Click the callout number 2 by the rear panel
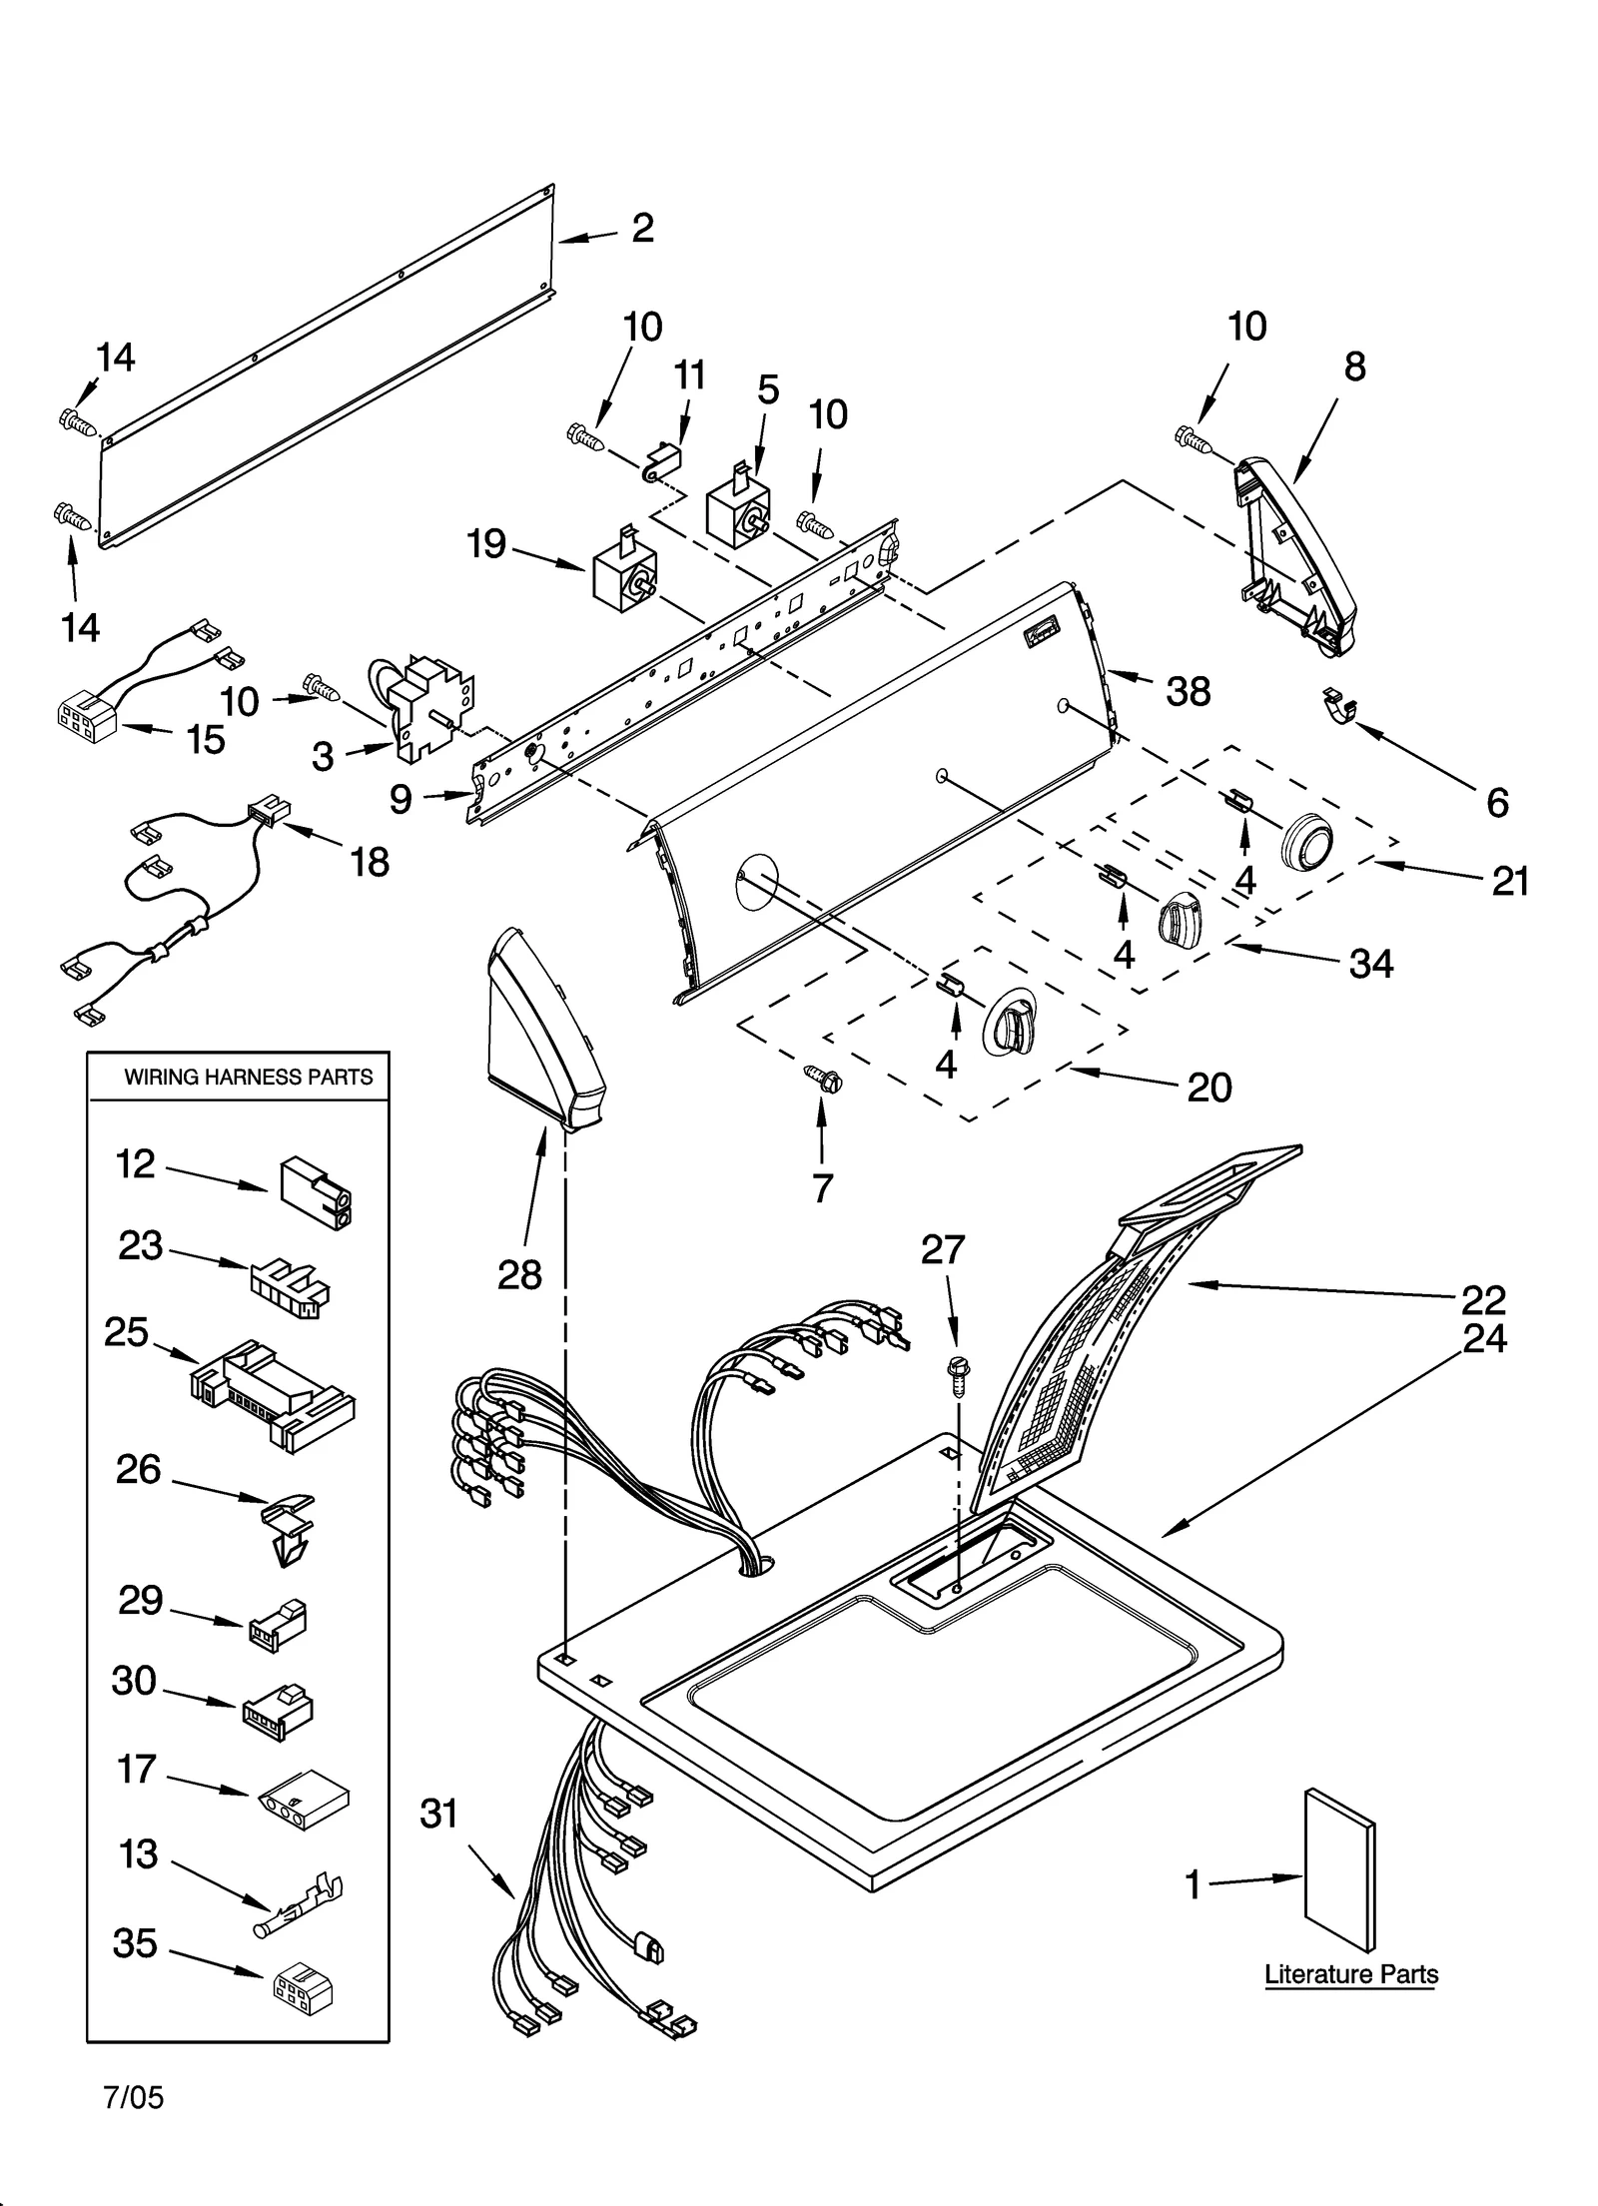pyautogui.click(x=642, y=229)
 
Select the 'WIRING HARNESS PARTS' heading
pyautogui.click(x=248, y=1077)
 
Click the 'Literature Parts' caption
pyautogui.click(x=1350, y=1974)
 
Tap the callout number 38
pyautogui.click(x=1188, y=691)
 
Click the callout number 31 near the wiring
pyautogui.click(x=438, y=1813)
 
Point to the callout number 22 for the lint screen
pyautogui.click(x=1482, y=1299)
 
